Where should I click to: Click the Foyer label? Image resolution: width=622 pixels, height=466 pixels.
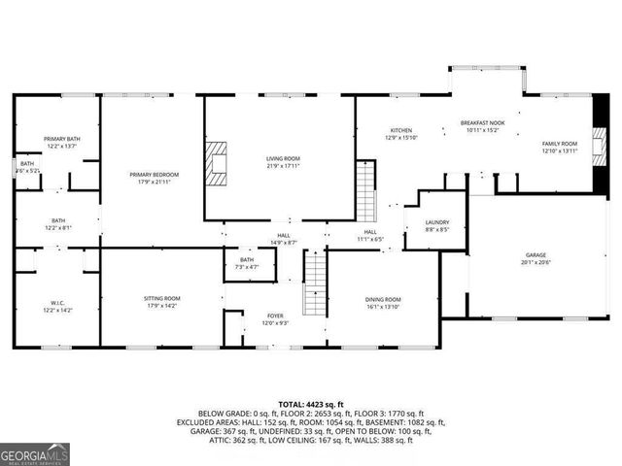click(276, 316)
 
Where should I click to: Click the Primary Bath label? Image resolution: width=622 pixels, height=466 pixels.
click(60, 140)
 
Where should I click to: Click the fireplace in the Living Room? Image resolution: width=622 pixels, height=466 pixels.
click(215, 163)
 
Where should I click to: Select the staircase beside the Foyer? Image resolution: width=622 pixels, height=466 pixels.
click(313, 279)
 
